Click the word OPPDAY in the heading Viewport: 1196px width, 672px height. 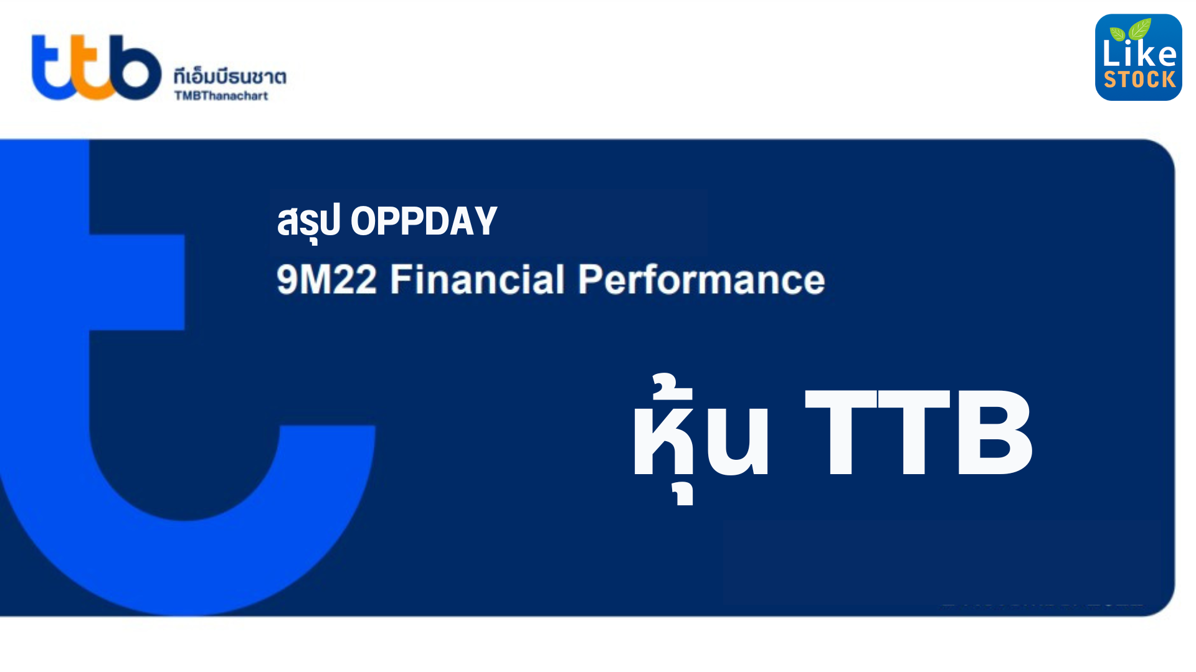424,221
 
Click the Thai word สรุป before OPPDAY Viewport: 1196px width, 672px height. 308,222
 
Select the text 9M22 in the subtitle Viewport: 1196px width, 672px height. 326,279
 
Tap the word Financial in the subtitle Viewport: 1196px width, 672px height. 477,279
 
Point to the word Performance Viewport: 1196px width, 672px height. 701,279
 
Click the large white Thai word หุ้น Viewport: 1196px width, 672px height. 701,436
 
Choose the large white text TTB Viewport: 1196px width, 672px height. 919,432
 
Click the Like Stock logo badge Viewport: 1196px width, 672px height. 1138,57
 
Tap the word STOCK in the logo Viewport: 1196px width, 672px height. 1139,80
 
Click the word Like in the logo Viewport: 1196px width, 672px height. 1139,54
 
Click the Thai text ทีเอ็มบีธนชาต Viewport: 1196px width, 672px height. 230,77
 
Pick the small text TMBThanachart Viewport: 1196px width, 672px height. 221,96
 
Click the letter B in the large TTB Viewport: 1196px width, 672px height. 994,432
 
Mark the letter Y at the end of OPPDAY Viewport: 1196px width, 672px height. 484,221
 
